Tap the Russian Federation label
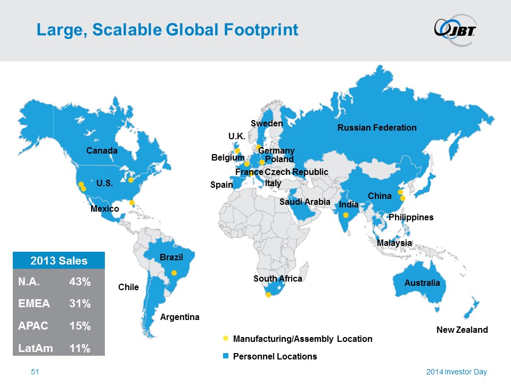pos(377,127)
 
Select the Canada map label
pos(102,151)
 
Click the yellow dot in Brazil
pos(174,273)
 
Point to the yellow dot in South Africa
pos(268,294)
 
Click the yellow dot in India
pos(345,215)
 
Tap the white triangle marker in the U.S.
pos(123,180)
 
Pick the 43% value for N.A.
pos(80,283)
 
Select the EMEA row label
pos(34,304)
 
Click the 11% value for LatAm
pos(80,348)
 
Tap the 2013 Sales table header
pos(59,261)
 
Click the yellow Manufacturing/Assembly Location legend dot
pos(225,338)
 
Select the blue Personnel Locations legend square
pos(225,356)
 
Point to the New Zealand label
pos(461,330)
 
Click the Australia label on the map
pos(422,283)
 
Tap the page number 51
pos(35,372)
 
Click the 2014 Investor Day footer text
pos(456,372)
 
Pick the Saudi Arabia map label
pos(305,202)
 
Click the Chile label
pos(128,287)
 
